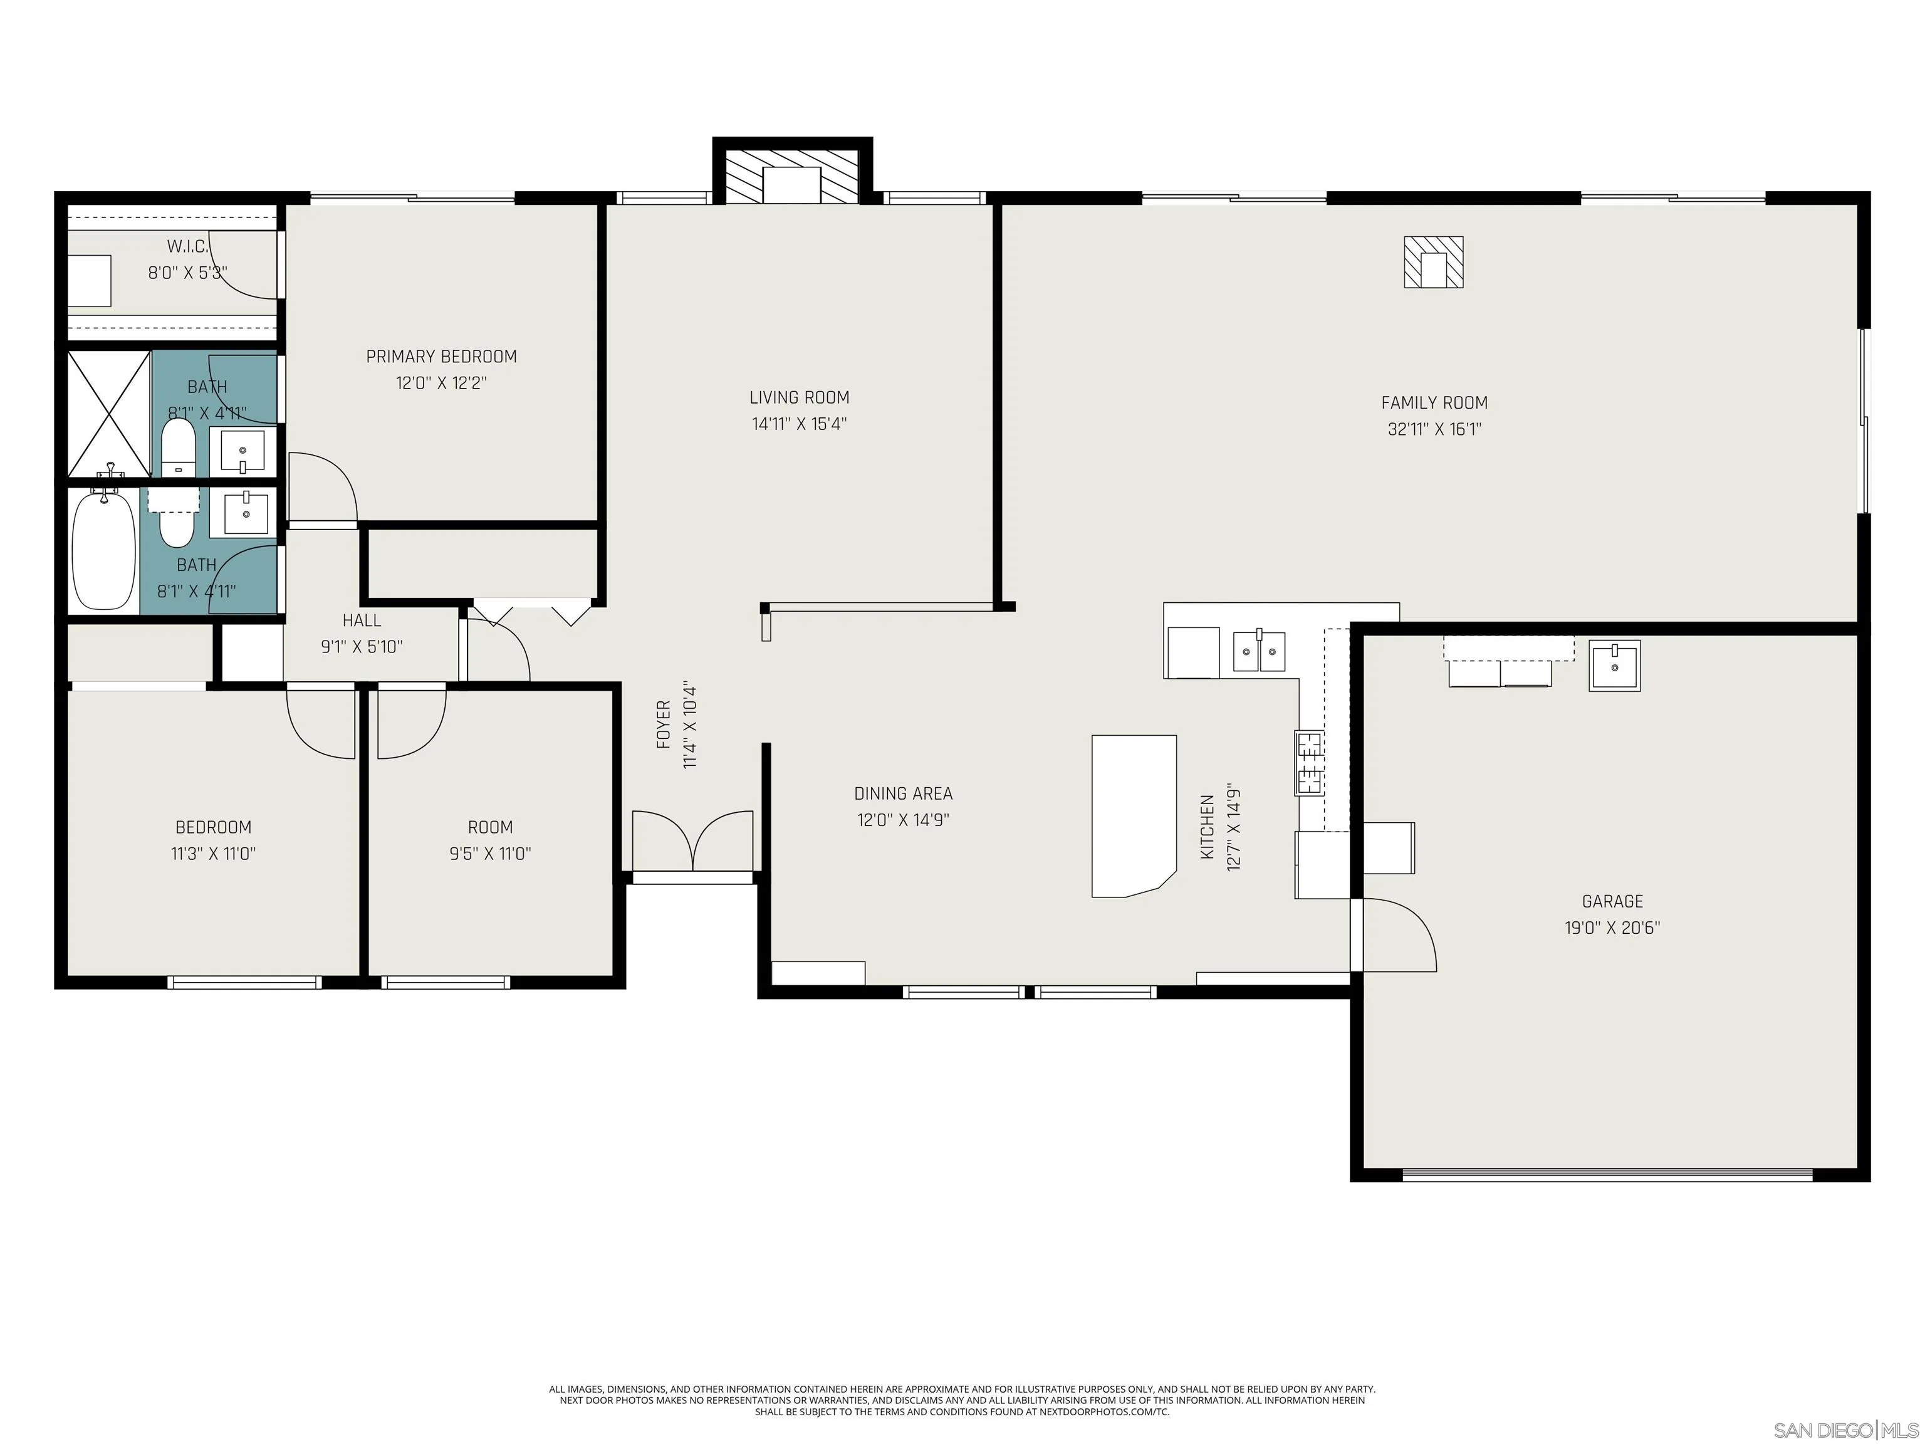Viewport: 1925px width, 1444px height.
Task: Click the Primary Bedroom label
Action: [x=441, y=356]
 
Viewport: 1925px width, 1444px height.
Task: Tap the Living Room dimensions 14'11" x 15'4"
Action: [x=799, y=424]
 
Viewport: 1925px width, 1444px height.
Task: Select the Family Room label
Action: [x=1434, y=402]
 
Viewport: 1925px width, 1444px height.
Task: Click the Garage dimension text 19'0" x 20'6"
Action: [x=1612, y=928]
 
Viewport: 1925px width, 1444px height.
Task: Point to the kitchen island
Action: [x=1133, y=815]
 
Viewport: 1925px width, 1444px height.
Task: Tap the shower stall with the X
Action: [x=109, y=414]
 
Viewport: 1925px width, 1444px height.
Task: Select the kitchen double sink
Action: [x=1258, y=651]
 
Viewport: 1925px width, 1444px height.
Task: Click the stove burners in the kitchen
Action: [x=1309, y=764]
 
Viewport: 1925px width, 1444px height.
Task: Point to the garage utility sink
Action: [x=1614, y=666]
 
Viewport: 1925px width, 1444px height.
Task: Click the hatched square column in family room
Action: [x=1432, y=262]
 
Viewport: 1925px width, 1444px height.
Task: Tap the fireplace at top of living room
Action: [x=792, y=184]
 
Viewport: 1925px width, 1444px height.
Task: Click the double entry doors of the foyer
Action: [x=692, y=842]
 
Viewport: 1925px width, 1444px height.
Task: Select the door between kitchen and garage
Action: [x=1394, y=935]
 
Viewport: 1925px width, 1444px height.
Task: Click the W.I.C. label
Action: [x=187, y=246]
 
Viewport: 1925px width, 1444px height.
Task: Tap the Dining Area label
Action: [x=902, y=793]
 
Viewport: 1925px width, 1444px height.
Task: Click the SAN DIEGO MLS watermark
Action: [x=1845, y=1430]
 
